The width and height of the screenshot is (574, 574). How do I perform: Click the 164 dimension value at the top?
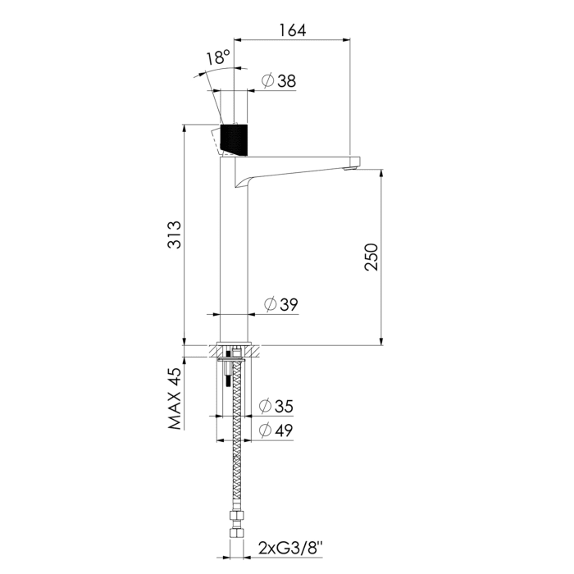293,30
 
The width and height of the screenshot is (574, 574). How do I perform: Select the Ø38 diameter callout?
279,80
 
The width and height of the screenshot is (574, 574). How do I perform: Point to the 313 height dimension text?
174,235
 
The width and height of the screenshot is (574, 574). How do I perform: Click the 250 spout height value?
371,257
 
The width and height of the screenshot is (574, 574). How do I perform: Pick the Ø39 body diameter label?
280,304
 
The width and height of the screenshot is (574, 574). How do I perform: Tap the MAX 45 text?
175,399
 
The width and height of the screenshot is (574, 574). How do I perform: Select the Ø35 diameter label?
276,406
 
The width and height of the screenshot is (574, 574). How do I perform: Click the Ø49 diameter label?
276,430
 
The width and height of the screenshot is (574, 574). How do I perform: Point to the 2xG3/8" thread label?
290,548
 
